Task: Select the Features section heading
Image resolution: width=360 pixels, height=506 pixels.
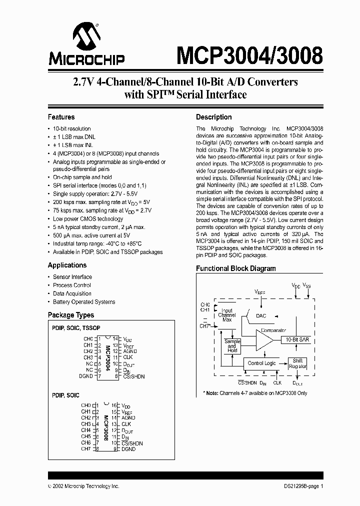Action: pyautogui.click(x=61, y=117)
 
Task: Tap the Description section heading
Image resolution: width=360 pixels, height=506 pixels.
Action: pyautogui.click(x=213, y=117)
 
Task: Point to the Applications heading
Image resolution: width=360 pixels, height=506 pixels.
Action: pyautogui.click(x=67, y=265)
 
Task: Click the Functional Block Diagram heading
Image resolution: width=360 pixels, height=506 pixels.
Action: pyautogui.click(x=235, y=268)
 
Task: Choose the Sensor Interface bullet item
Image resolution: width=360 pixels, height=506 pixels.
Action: pyautogui.click(x=72, y=277)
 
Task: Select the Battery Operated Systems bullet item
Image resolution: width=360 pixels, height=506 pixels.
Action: pyautogui.click(x=84, y=302)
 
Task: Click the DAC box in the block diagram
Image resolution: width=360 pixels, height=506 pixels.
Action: pyautogui.click(x=261, y=316)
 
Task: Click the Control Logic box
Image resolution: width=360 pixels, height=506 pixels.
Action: pyautogui.click(x=261, y=363)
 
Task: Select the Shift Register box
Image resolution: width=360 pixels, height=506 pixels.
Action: pyautogui.click(x=297, y=363)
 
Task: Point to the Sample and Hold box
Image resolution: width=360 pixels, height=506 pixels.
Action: pyautogui.click(x=232, y=346)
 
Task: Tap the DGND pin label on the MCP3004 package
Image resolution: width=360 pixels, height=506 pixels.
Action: pyautogui.click(x=86, y=376)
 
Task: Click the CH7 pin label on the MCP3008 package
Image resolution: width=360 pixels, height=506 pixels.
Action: pyautogui.click(x=86, y=449)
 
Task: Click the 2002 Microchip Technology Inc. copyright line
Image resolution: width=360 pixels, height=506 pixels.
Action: pyautogui.click(x=83, y=486)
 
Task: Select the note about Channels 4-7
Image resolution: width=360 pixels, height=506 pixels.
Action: pyautogui.click(x=255, y=393)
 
